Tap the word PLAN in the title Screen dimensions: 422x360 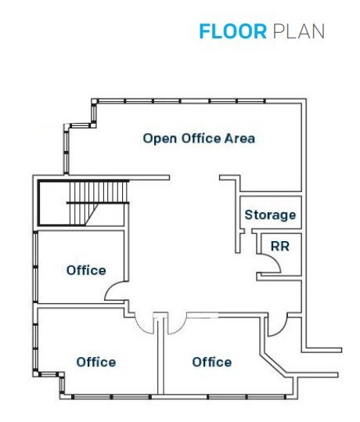[298, 31]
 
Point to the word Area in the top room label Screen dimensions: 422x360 [239, 139]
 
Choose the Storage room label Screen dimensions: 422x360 [270, 215]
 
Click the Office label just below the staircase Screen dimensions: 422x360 [86, 270]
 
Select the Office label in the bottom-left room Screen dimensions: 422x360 [96, 362]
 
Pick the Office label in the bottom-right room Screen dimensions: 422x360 [211, 362]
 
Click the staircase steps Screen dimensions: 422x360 [95, 202]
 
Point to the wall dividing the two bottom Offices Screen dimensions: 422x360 [160, 356]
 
